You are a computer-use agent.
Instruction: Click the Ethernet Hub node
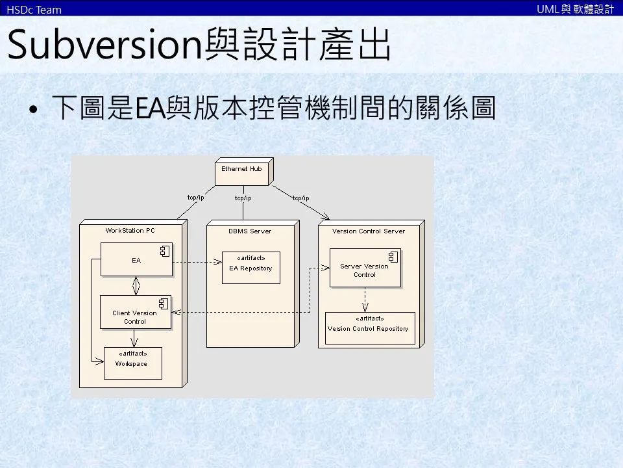242,172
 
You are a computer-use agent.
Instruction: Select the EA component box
136,260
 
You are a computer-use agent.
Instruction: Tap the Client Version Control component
135,313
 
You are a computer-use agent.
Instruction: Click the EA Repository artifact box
251,267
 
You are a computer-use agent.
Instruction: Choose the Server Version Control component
365,268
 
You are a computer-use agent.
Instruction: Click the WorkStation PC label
130,230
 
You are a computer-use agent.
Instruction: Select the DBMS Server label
250,231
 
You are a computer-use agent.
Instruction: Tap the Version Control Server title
368,231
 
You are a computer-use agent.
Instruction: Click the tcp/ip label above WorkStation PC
195,198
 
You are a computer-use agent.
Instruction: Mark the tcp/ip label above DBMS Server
243,198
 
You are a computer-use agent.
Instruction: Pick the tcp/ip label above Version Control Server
300,198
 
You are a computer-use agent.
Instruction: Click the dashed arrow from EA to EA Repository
195,263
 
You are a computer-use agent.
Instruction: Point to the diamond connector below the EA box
136,285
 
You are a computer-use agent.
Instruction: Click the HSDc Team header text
34,9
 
